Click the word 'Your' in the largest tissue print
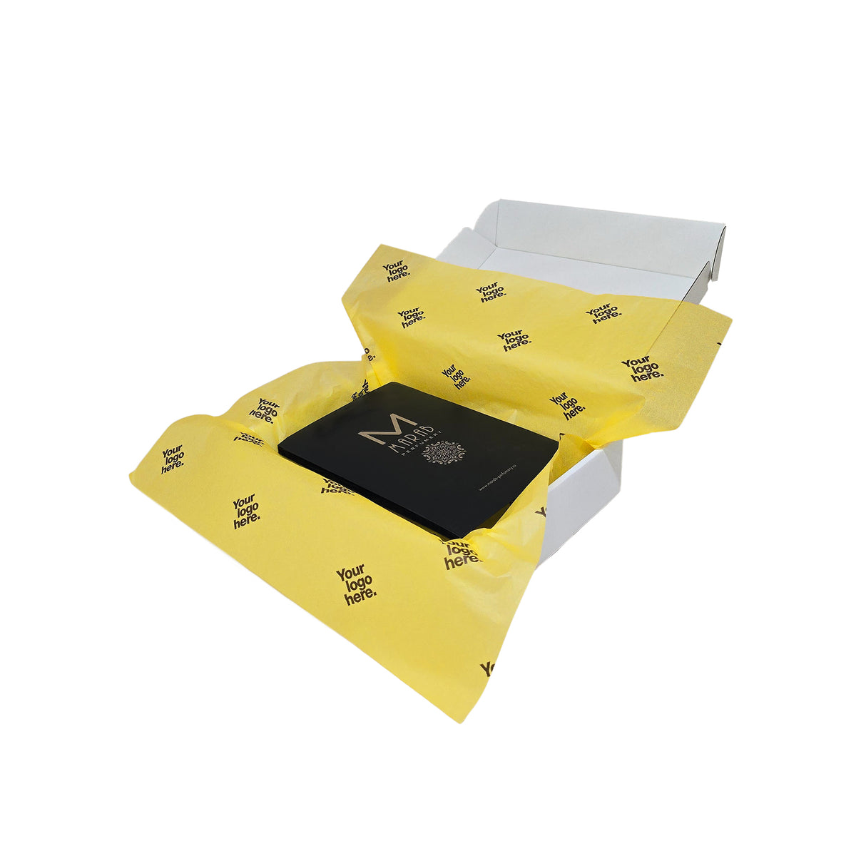click(350, 573)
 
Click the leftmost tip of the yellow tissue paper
click(131, 477)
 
